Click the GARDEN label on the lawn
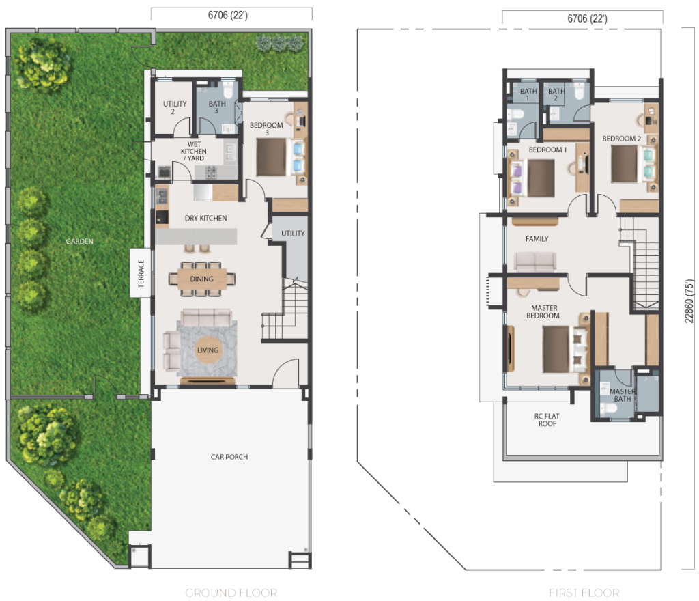tap(79, 241)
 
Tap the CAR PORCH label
tap(229, 456)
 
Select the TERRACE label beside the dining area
tap(141, 273)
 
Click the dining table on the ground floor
tap(202, 279)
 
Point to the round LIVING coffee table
tap(208, 350)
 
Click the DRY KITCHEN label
tap(205, 218)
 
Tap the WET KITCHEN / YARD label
tap(193, 151)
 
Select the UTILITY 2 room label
tap(174, 107)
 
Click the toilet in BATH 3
tap(228, 92)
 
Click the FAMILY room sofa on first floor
tap(535, 262)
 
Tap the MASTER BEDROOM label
tap(543, 311)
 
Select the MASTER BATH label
tap(623, 395)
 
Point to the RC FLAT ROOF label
tap(547, 419)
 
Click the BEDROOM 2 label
tap(621, 139)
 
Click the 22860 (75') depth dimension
tap(689, 301)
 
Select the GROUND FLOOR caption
tap(231, 593)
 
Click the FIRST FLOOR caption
tap(584, 593)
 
